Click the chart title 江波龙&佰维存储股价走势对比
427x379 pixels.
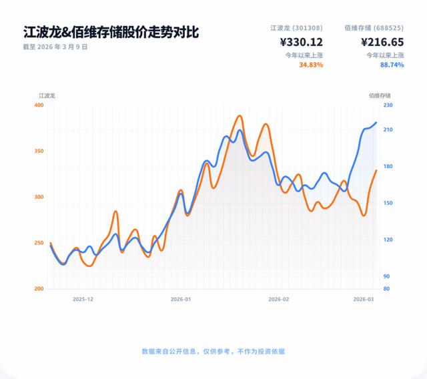[110, 32]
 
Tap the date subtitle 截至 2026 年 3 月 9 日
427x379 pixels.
[55, 47]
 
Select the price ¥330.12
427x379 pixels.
[302, 42]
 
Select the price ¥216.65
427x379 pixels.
[382, 42]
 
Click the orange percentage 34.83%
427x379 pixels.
[311, 65]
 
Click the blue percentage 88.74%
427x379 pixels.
[392, 65]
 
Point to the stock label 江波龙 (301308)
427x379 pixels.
[297, 27]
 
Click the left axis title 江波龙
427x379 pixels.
[47, 95]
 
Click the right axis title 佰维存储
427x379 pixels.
[380, 95]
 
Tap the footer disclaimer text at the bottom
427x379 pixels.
[213, 351]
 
